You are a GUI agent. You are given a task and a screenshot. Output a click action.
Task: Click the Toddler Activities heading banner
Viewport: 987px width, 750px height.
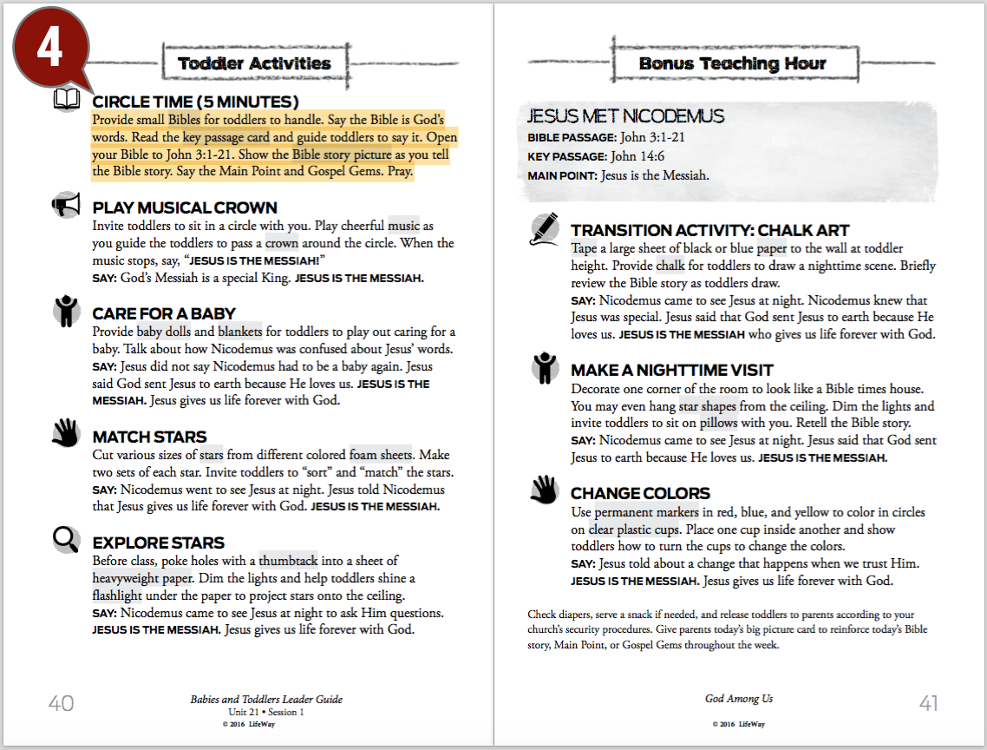tap(254, 63)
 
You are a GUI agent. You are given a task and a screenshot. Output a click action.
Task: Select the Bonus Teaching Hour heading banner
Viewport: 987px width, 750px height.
tap(732, 63)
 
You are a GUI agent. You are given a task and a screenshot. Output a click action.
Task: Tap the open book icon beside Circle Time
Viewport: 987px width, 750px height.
tap(67, 99)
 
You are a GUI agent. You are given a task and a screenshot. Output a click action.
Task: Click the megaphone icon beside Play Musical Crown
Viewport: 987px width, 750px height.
tap(66, 206)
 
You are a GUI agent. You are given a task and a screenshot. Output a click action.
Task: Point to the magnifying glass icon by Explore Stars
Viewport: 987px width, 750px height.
tap(66, 541)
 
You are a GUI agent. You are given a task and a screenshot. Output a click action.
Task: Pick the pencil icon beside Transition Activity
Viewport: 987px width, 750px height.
tap(544, 228)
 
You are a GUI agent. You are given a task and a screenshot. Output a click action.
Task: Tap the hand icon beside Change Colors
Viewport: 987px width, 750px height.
tap(544, 490)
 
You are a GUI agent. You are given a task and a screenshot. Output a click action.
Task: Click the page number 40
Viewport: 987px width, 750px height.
tap(61, 703)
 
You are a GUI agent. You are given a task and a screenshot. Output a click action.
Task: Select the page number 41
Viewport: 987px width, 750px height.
tap(928, 703)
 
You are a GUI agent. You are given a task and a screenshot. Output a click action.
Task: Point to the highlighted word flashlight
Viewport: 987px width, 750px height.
tap(117, 595)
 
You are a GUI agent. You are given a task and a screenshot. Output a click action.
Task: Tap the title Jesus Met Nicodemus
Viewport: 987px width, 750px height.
tap(625, 116)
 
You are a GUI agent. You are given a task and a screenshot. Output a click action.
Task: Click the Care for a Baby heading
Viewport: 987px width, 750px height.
tap(164, 313)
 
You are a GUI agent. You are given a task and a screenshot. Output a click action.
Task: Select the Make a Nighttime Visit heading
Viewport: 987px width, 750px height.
tap(671, 370)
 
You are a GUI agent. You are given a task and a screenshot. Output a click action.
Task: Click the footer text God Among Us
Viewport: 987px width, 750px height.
tap(739, 699)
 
